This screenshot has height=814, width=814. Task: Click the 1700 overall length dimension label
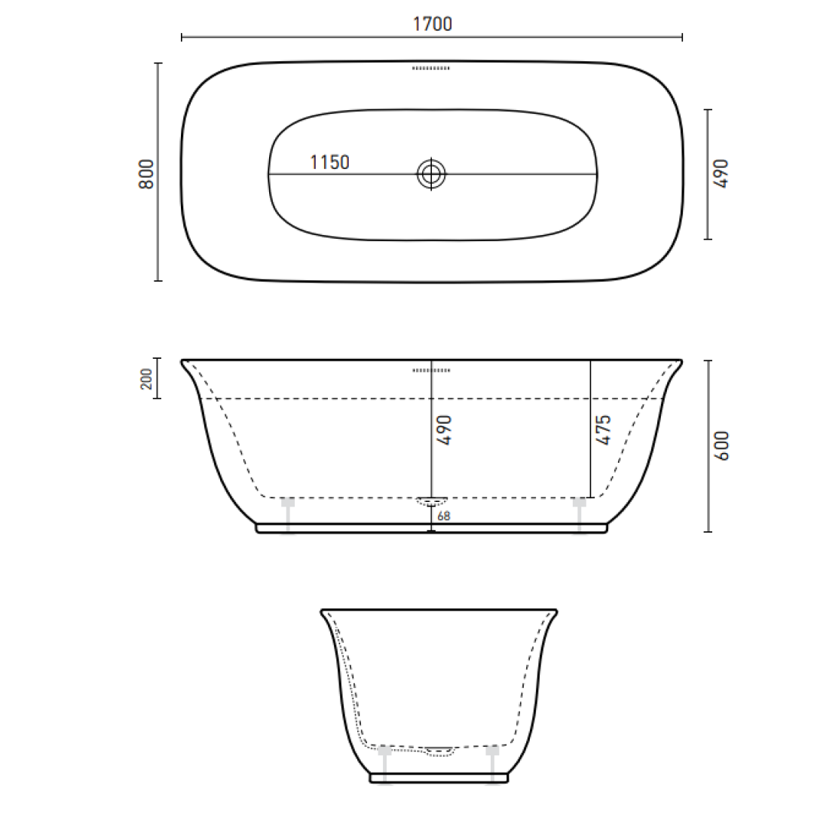[x=432, y=24]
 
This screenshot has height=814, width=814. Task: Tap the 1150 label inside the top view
[x=330, y=162]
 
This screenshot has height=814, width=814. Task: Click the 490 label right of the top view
[x=721, y=173]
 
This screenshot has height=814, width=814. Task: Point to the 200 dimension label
[x=146, y=378]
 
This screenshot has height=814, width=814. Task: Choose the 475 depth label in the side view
[x=603, y=430]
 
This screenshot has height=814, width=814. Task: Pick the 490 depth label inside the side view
[x=444, y=430]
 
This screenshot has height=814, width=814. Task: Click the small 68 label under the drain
[x=443, y=516]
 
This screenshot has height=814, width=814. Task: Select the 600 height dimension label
[x=721, y=445]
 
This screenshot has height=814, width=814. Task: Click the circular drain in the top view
[x=431, y=174]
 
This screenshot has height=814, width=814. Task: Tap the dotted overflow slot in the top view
[x=431, y=69]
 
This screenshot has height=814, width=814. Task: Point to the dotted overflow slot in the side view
[x=431, y=370]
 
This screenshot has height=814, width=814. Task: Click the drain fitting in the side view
[x=432, y=500]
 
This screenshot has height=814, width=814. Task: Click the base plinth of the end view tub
[x=439, y=777]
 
